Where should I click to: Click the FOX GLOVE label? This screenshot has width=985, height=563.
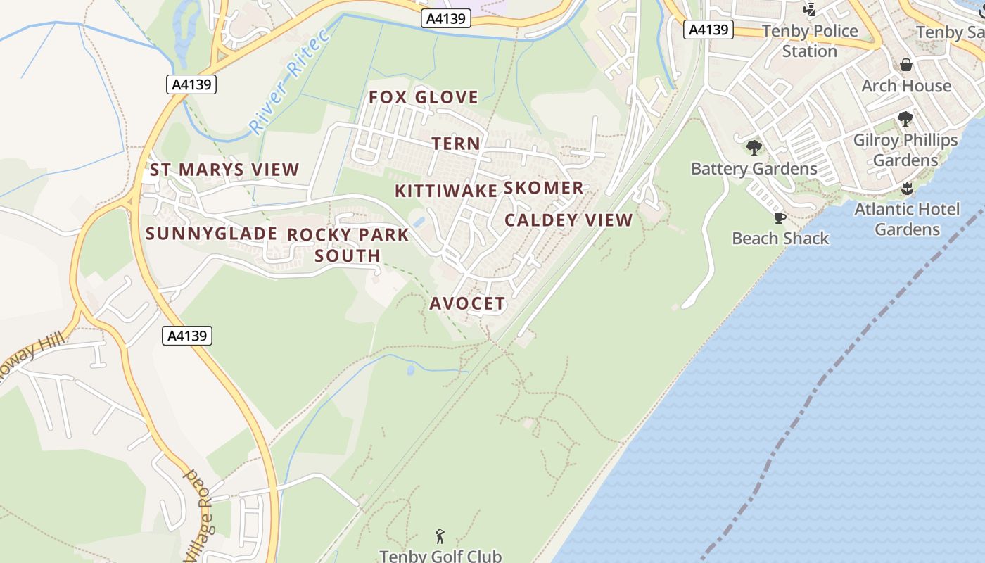click(x=424, y=97)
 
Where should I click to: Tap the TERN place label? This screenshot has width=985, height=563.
click(x=456, y=144)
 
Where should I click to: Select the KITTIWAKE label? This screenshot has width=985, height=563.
click(x=446, y=191)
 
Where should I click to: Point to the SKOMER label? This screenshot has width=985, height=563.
click(x=544, y=188)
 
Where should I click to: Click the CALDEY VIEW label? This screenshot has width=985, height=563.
click(x=568, y=220)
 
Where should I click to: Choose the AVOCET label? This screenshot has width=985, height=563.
click(x=467, y=303)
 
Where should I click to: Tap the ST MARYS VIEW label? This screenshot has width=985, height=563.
click(x=224, y=170)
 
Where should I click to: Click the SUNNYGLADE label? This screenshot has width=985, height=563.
click(x=211, y=234)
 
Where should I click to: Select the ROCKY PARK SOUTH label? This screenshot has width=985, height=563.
click(x=348, y=245)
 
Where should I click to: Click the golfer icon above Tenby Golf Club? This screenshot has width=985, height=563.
click(x=440, y=536)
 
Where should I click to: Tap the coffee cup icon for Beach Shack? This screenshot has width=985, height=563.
click(x=780, y=217)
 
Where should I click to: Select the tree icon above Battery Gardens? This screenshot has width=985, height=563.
click(x=754, y=148)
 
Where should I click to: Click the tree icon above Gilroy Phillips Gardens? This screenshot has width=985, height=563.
click(x=905, y=119)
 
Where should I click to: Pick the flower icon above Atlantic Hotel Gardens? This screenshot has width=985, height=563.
click(x=907, y=189)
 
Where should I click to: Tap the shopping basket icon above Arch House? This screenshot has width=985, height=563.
click(x=906, y=65)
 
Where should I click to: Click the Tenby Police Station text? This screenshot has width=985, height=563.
click(x=810, y=41)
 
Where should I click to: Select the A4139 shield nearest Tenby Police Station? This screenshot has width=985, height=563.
click(x=709, y=30)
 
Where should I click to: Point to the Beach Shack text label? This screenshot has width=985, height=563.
click(x=780, y=239)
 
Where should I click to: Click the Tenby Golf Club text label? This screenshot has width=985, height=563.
click(x=440, y=556)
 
